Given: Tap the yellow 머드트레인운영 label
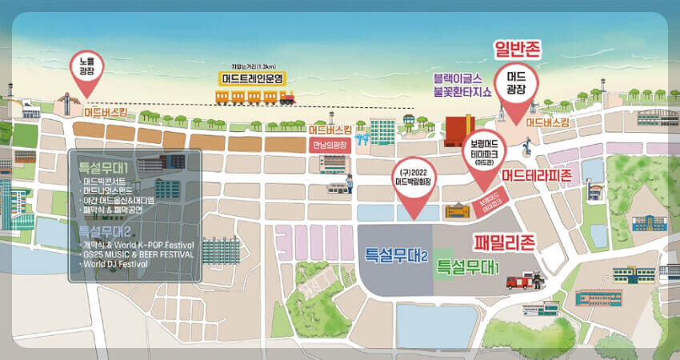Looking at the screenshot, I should pos(255,78).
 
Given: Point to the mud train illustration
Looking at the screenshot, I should pos(255,96).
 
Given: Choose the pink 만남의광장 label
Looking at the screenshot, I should pos(330,144).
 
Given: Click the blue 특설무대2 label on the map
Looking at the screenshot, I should pos(398,256).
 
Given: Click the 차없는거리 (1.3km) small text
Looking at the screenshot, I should pos(250,67).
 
